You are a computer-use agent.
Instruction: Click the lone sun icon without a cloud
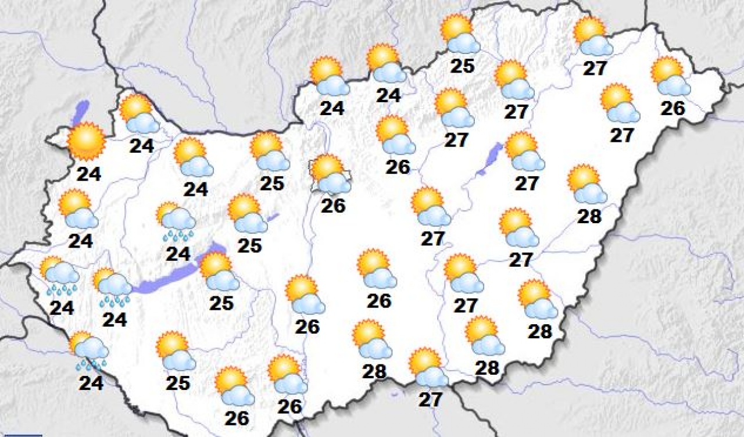pyautogui.click(x=86, y=141)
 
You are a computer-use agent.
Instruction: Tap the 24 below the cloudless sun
pyautogui.click(x=88, y=173)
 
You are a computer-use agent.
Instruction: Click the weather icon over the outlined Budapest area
pyautogui.click(x=331, y=174)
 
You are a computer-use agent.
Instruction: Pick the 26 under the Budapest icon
pyautogui.click(x=333, y=205)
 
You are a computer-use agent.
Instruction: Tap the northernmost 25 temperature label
pyautogui.click(x=463, y=66)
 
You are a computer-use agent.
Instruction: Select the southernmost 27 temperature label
pyautogui.click(x=431, y=399)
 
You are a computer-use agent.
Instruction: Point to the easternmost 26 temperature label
pyautogui.click(x=673, y=108)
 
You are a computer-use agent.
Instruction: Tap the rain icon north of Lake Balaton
pyautogui.click(x=176, y=221)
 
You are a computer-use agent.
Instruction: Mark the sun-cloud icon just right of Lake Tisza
pyautogui.click(x=524, y=152)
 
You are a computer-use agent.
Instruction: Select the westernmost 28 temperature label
pyautogui.click(x=374, y=371)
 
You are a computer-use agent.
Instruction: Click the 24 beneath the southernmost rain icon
pyautogui.click(x=91, y=382)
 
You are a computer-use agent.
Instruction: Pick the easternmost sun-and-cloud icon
pyautogui.click(x=670, y=76)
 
